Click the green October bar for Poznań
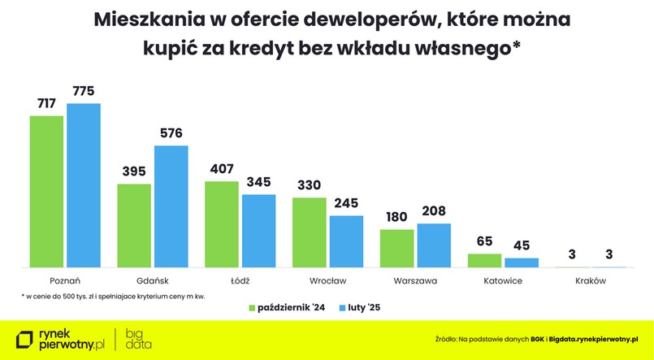click(46, 191)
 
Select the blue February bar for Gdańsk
click(171, 206)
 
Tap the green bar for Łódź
click(222, 223)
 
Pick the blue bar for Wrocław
click(346, 241)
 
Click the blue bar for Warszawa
click(434, 245)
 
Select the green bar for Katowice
click(484, 260)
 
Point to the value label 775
click(84, 91)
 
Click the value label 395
click(134, 171)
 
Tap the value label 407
click(222, 169)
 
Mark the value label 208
click(434, 211)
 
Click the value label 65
click(484, 241)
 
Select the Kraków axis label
click(590, 280)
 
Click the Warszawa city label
click(415, 280)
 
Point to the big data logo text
click(139, 339)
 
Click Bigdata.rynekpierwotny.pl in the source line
click(583, 337)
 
